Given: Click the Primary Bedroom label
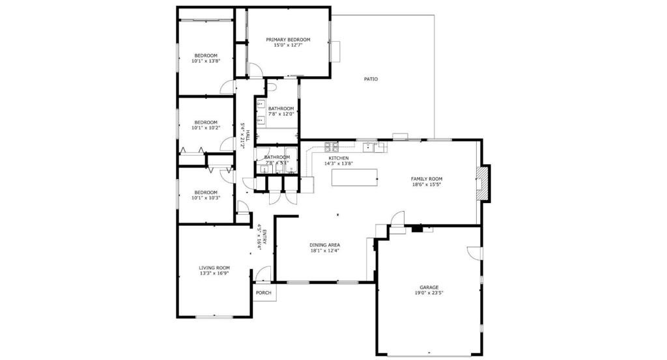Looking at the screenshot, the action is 288,40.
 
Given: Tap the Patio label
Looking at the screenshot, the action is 371,79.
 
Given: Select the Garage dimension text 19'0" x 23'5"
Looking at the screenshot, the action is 429,293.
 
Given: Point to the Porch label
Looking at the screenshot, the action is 264,293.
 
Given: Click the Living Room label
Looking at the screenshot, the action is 214,268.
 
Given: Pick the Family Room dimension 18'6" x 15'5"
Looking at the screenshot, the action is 426,184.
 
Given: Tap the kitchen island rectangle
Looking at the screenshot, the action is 354,177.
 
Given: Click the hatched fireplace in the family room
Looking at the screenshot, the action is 482,183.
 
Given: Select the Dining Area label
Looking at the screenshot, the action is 324,245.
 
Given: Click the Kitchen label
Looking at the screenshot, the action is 339,158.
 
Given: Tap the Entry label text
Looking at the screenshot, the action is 264,237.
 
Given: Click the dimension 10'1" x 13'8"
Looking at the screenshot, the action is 206,61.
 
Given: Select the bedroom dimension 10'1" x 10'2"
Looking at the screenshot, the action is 206,128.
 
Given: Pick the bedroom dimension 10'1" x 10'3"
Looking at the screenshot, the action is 206,198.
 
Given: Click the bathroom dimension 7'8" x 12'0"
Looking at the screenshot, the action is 281,114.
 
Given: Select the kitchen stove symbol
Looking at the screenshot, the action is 332,147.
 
